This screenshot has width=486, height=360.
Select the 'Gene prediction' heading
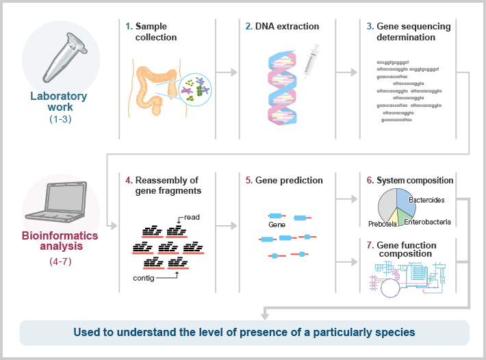pos(284,181)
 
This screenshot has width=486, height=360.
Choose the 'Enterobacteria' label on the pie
pos(427,222)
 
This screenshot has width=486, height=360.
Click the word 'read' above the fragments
pos(192,217)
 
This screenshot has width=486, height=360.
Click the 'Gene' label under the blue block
pos(277,224)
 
